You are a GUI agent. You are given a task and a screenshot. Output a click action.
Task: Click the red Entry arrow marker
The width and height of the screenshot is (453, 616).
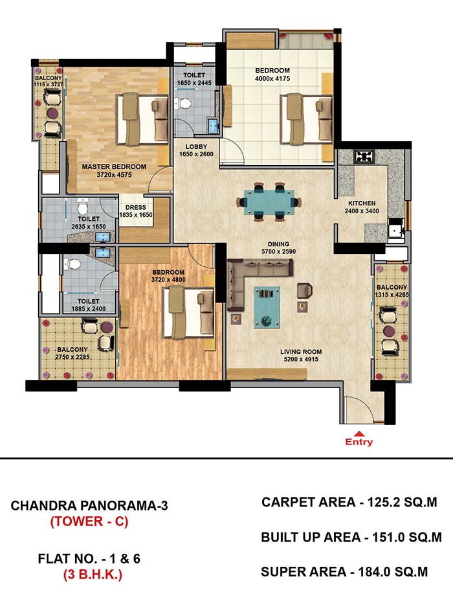[x=359, y=434]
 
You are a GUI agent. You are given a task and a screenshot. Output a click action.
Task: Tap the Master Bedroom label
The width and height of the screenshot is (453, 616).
[x=115, y=166]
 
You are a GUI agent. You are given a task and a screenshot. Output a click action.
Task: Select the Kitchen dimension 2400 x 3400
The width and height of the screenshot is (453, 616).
[x=362, y=211]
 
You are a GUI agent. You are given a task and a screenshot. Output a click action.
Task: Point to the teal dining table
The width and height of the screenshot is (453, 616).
[x=269, y=202]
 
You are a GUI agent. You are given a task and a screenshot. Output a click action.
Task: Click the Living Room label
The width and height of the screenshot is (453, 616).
[x=301, y=352]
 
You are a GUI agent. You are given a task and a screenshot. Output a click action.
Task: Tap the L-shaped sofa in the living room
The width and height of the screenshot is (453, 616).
[x=251, y=281]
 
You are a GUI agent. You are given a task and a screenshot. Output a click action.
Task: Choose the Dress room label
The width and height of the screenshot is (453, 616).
[x=136, y=207]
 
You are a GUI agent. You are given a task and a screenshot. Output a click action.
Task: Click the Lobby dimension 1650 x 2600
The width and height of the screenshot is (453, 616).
[x=196, y=154]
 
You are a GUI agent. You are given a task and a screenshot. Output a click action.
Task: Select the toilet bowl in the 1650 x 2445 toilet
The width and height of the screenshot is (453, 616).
[x=183, y=104]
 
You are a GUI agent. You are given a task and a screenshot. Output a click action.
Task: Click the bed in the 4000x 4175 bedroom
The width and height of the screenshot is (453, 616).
[x=306, y=119]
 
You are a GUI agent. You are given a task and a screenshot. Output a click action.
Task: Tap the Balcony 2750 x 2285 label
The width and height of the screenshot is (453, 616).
[x=72, y=349]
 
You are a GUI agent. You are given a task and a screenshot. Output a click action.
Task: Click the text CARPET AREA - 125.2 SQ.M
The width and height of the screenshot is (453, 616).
[x=349, y=502]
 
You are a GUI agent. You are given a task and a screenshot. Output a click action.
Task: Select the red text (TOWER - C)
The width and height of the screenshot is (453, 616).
[x=89, y=521]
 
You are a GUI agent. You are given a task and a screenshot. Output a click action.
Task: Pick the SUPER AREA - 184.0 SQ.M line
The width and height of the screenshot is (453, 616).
[x=344, y=571]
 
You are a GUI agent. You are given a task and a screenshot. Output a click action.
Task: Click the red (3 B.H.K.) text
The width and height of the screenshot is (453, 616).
[x=93, y=575]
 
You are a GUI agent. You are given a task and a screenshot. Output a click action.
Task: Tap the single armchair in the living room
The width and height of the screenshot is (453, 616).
[x=305, y=291]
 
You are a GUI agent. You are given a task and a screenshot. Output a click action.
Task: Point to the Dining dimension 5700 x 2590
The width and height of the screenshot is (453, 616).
[x=279, y=251]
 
